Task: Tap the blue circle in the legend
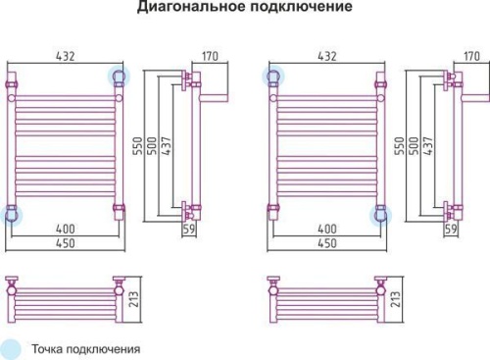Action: [13, 348]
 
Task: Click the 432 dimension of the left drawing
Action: [65, 56]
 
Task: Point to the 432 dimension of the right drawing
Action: [324, 56]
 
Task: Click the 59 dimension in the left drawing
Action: [190, 230]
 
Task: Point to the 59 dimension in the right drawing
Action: [451, 230]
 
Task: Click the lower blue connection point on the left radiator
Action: [13, 215]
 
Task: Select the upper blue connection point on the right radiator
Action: [273, 76]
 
